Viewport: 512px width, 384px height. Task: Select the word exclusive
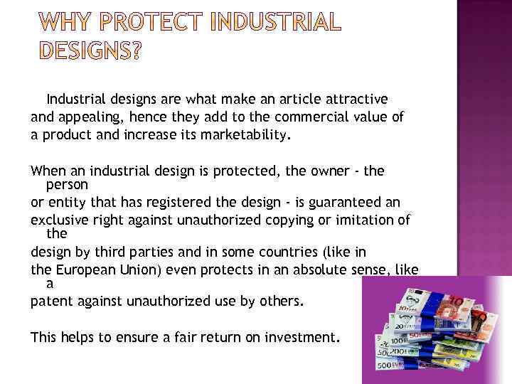tap(58, 220)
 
